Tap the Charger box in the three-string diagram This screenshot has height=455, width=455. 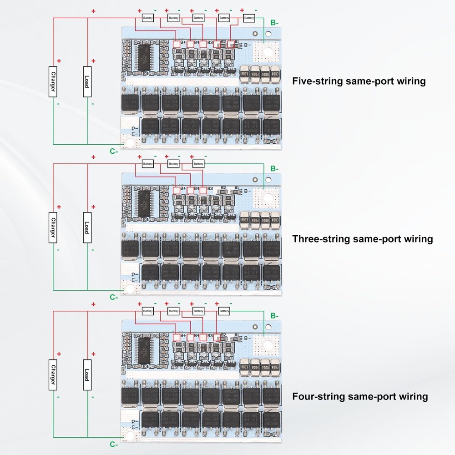pos(53,227)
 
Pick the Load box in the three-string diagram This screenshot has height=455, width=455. pos(86,227)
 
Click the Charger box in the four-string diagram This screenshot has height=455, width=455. pos(53,374)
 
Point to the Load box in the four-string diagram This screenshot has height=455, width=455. pos(86,374)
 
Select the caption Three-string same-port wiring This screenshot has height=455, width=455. pos(362,239)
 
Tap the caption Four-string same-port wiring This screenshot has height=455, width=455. pos(360,396)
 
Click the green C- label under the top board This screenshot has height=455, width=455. pos(114,151)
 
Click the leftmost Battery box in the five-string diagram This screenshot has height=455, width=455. pos(148,18)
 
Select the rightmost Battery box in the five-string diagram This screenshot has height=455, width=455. pos(249,18)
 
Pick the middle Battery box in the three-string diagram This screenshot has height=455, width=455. pos(173,164)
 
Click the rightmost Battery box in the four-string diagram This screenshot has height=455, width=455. pos(224,311)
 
